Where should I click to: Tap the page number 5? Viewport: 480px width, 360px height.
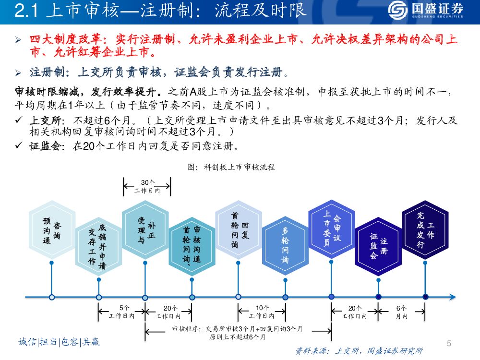point(449,343)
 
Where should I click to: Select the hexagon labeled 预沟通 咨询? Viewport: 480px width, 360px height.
point(52,230)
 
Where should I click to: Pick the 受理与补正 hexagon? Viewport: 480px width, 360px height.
point(145,230)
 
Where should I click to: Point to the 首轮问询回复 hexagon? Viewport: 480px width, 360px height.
point(239,230)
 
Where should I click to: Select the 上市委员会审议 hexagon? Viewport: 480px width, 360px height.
point(332,230)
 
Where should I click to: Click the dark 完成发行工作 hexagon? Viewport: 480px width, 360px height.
point(425,230)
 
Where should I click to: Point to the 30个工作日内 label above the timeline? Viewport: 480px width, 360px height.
point(147,187)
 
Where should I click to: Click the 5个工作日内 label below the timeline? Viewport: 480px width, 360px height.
point(122,312)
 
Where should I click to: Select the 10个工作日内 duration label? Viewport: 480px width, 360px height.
point(262,312)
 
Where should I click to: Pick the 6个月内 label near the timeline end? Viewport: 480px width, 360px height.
point(401,312)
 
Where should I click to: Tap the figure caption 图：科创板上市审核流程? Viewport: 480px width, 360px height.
point(231,167)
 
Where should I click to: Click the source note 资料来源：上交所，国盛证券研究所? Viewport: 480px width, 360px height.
point(359,351)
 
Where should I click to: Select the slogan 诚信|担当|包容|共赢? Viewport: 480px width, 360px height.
point(59,342)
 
